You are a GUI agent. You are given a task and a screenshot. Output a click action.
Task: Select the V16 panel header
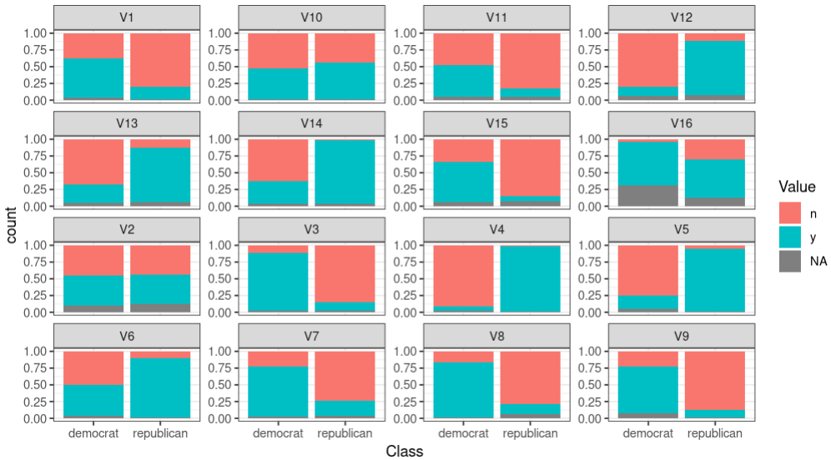click(x=682, y=123)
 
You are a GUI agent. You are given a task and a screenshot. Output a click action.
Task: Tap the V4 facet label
click(x=496, y=229)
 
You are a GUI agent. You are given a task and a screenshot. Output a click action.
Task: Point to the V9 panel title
click(x=682, y=335)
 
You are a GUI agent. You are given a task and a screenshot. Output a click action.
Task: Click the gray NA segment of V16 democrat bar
click(x=648, y=196)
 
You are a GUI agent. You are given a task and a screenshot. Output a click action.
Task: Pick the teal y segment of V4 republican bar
click(x=530, y=279)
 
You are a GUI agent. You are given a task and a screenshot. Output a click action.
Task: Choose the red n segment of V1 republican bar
click(x=159, y=59)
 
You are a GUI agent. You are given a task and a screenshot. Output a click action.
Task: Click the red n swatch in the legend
click(x=790, y=212)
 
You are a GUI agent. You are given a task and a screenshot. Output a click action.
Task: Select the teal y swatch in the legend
click(x=790, y=237)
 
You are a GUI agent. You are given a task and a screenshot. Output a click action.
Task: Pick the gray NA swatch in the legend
click(x=790, y=261)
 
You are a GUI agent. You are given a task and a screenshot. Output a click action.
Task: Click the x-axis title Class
click(x=405, y=451)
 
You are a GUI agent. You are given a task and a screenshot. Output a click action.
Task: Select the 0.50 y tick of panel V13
click(x=39, y=172)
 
